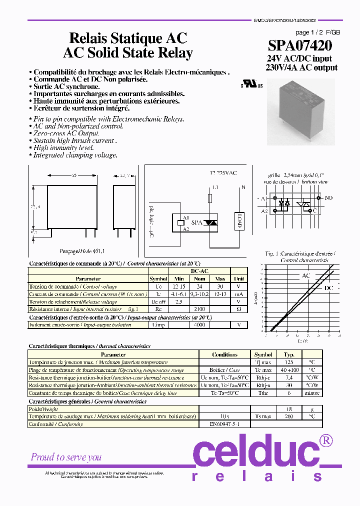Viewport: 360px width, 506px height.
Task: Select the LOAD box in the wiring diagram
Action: pyautogui.click(x=238, y=220)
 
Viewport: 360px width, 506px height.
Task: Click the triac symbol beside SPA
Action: pyautogui.click(x=211, y=222)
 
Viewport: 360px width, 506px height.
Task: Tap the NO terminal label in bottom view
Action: pyautogui.click(x=328, y=198)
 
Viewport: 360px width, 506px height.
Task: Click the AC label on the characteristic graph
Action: pyautogui.click(x=306, y=275)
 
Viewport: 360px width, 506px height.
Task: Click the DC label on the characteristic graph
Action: pyautogui.click(x=328, y=288)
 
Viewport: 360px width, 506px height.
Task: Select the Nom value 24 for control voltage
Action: pyautogui.click(x=200, y=286)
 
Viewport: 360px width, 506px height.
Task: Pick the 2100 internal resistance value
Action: pyautogui.click(x=200, y=309)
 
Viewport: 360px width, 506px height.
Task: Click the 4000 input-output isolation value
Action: pyautogui.click(x=200, y=324)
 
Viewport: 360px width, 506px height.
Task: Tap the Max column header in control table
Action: pyautogui.click(x=220, y=278)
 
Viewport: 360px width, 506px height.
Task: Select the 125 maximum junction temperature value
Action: pyautogui.click(x=289, y=362)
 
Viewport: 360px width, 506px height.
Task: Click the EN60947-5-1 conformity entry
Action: pyautogui.click(x=224, y=424)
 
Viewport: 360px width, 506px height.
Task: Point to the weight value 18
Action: pyautogui.click(x=289, y=409)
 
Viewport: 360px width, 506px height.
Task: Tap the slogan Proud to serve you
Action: pyautogui.click(x=66, y=457)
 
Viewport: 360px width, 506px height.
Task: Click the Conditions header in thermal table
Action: pyautogui.click(x=224, y=354)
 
